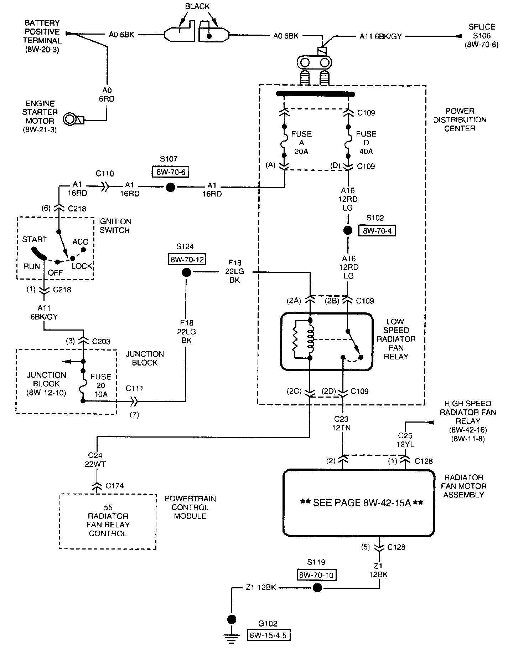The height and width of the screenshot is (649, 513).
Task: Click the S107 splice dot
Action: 171,187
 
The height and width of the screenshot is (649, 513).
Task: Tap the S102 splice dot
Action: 348,230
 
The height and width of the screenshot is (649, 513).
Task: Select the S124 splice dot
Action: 186,273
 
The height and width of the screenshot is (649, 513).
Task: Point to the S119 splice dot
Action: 317,588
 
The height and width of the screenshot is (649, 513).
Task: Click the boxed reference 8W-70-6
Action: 170,172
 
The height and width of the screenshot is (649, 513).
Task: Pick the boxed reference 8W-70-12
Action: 187,259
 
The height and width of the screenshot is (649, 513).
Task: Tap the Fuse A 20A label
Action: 301,143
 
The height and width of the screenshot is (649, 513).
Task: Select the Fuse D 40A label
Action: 366,143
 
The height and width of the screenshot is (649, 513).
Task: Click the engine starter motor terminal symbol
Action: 73,119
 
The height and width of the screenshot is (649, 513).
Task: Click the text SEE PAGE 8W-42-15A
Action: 362,503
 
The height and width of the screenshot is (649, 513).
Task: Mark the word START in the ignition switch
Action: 35,239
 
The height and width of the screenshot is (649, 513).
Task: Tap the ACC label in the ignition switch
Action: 80,242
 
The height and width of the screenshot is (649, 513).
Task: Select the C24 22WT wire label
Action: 95,460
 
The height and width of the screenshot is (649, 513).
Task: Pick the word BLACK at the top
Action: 197,6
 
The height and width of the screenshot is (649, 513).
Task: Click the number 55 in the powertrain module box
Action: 108,507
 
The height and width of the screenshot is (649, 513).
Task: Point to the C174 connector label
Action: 115,486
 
